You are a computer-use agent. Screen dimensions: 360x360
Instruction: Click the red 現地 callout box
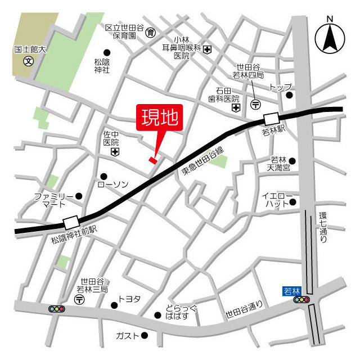click(160, 119)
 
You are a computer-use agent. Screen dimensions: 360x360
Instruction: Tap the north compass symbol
click(330, 38)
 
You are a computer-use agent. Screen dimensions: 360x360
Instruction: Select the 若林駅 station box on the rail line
click(271, 119)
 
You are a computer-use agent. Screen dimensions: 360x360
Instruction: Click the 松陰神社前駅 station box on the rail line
click(71, 223)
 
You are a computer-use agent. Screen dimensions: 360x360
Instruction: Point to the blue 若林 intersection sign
click(292, 291)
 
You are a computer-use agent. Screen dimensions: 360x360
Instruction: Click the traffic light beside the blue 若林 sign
click(302, 300)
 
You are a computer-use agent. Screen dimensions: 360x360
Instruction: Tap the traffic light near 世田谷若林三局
click(57, 309)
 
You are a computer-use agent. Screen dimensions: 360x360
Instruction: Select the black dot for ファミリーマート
click(79, 196)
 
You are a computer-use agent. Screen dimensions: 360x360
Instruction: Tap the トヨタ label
click(129, 299)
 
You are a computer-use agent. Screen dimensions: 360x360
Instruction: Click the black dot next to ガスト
click(144, 336)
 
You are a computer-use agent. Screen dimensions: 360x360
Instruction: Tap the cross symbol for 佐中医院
click(115, 152)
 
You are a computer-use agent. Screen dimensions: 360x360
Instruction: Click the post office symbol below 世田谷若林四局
click(256, 104)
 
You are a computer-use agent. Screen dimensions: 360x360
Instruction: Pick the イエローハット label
click(277, 200)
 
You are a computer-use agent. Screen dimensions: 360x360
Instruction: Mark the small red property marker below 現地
click(152, 160)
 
